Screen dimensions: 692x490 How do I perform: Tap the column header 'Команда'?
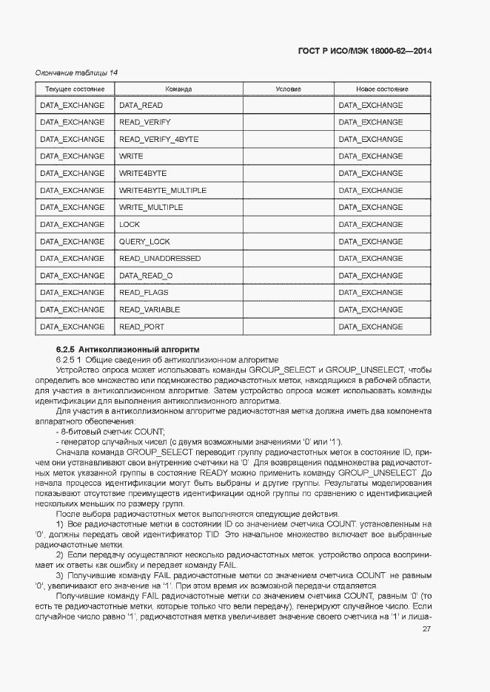point(178,89)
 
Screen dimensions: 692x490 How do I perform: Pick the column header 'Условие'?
point(288,89)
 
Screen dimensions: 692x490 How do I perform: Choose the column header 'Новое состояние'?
point(382,89)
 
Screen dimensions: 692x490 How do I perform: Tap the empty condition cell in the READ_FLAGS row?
point(288,293)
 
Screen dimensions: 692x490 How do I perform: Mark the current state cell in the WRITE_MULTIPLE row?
point(73,208)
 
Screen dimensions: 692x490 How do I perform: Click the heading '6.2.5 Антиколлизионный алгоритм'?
point(128,348)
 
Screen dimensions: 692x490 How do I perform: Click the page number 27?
point(426,629)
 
